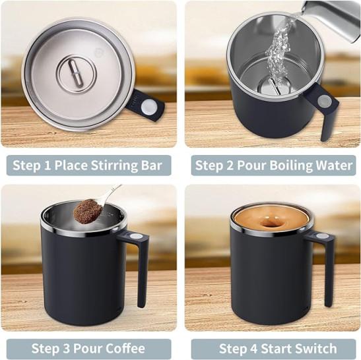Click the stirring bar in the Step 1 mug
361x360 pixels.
tap(76, 73)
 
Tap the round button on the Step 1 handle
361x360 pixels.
tap(148, 107)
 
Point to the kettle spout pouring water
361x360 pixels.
tap(331, 20)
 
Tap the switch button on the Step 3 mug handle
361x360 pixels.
tap(135, 236)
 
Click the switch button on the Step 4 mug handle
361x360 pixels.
tap(320, 236)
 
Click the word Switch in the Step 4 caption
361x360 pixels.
tap(317, 349)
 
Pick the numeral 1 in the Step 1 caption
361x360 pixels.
tap(48, 165)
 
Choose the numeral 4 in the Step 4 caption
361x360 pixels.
tap(254, 349)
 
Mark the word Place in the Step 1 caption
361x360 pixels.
tap(71, 165)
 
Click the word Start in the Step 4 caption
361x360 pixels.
tap(277, 349)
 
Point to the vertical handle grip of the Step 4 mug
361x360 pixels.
tap(329, 274)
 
